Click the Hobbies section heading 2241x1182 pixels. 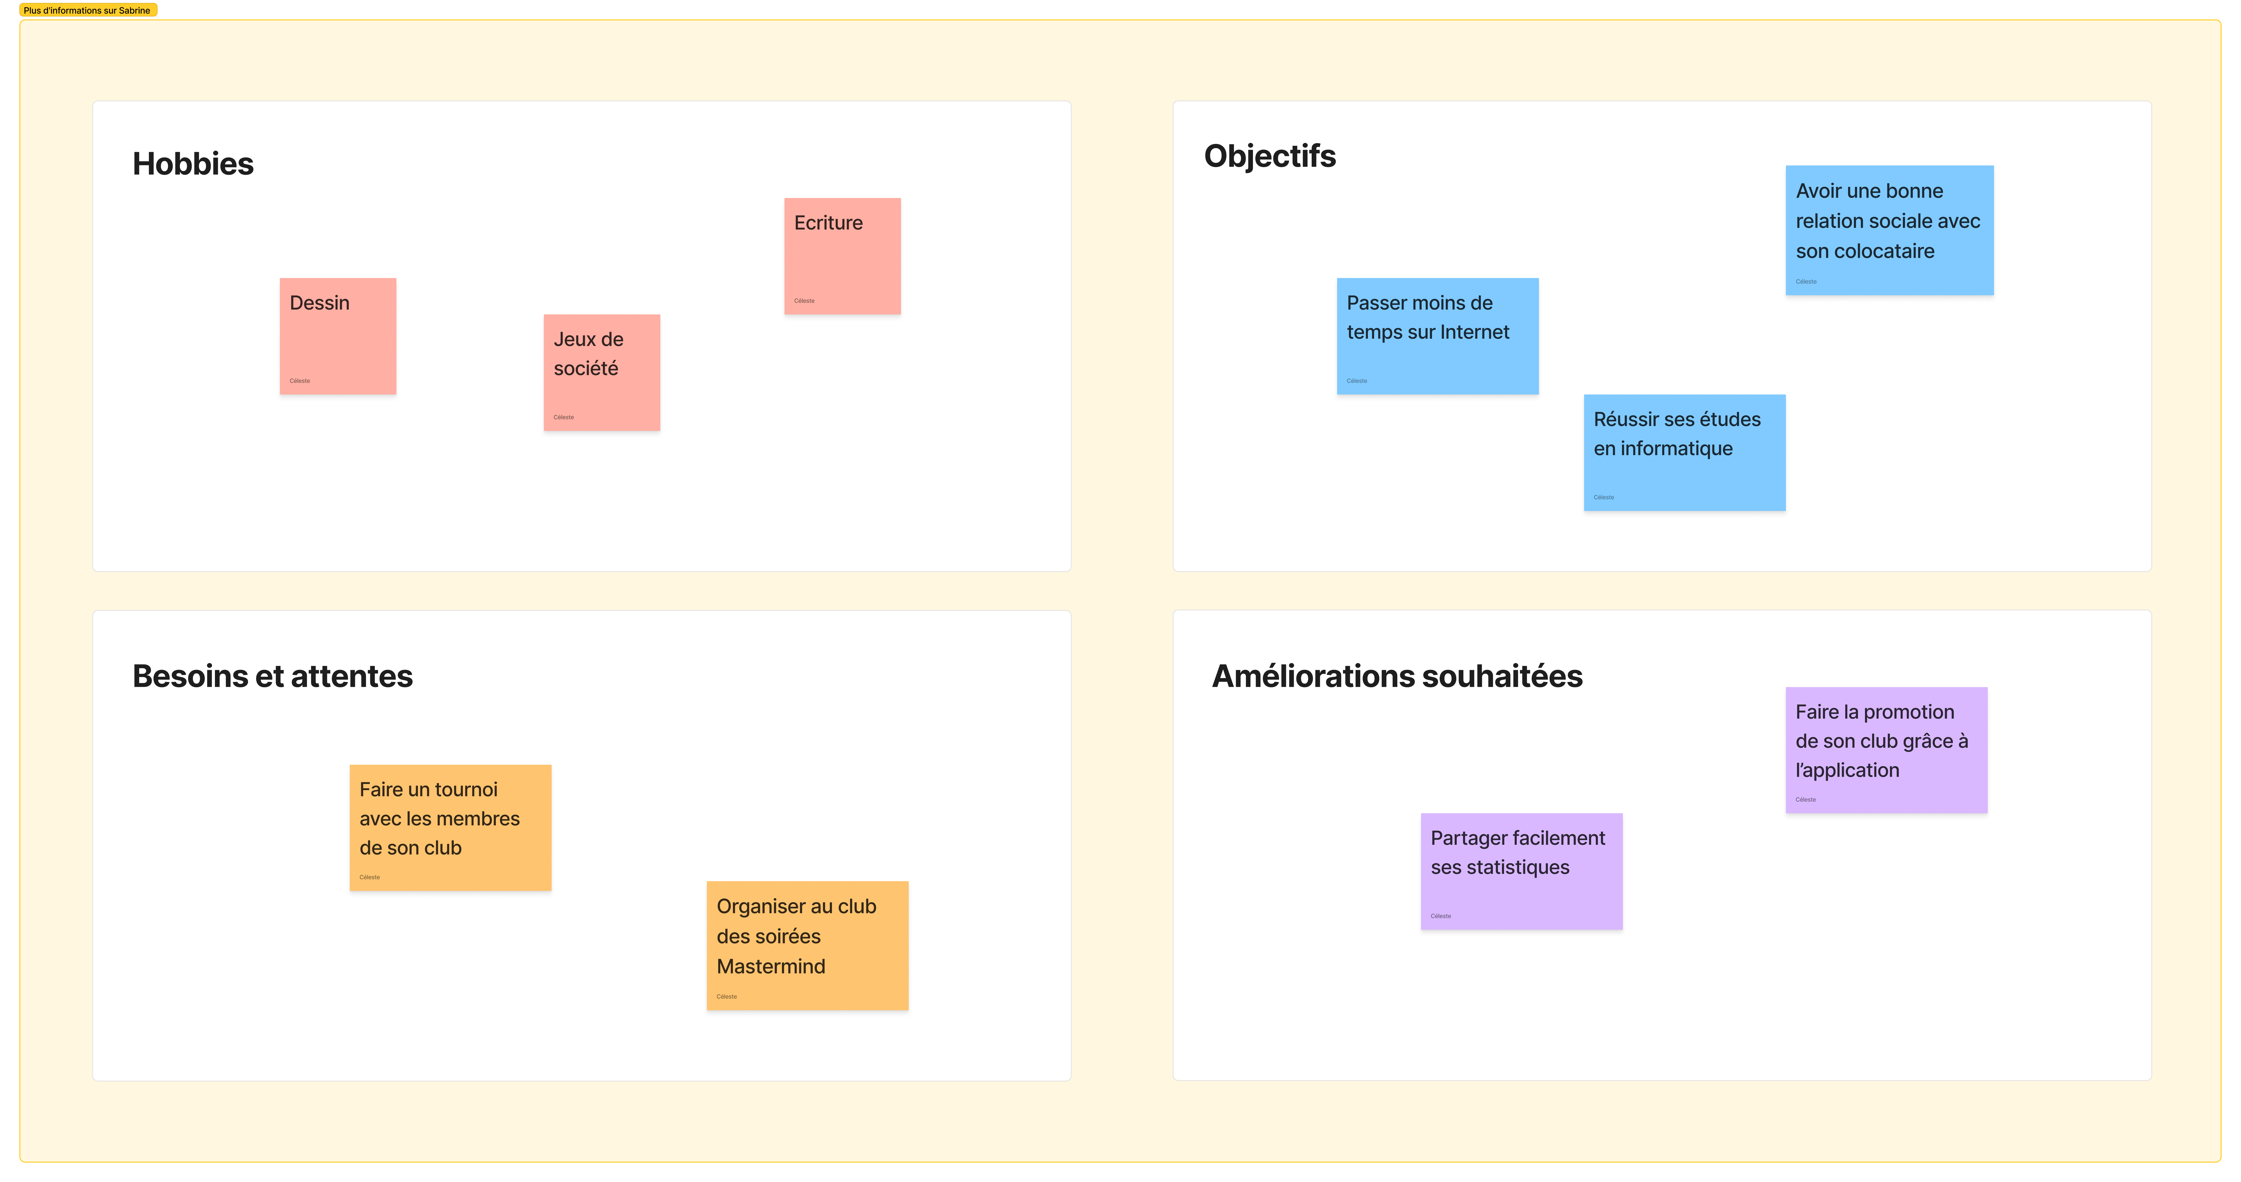coord(193,164)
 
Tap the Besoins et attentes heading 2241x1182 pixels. coord(272,676)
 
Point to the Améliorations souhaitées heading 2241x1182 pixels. coord(1397,676)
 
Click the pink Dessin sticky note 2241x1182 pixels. coord(337,337)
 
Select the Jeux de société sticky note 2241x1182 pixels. coord(602,372)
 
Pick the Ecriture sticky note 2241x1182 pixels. coord(842,256)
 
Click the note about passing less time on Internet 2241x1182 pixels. coord(1437,337)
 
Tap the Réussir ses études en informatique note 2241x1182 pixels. coord(1684,452)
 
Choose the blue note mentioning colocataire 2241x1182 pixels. coord(1889,230)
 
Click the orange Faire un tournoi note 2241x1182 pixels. coord(451,827)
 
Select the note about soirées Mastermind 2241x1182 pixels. coord(807,945)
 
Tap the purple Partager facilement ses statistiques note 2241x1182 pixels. coord(1521,871)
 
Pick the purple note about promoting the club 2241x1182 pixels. coord(1886,750)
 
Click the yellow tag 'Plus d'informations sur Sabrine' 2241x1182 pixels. coord(88,10)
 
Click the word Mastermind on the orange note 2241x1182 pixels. coord(771,966)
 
